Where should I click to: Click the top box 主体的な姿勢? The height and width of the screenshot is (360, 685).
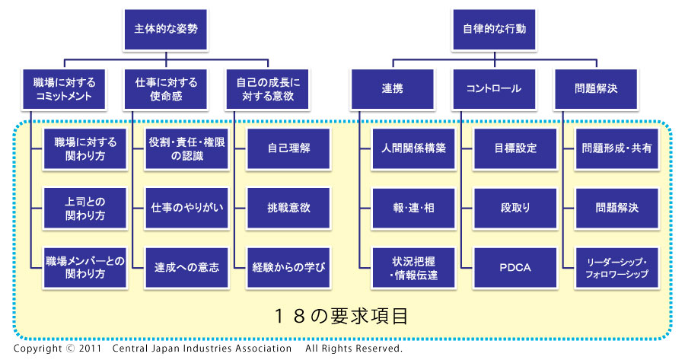click(166, 29)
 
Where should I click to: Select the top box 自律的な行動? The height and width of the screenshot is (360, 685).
click(494, 29)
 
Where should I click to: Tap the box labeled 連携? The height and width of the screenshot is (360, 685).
click(392, 89)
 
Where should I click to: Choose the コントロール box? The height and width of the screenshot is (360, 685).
click(494, 89)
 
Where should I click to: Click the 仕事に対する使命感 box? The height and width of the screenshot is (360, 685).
click(166, 89)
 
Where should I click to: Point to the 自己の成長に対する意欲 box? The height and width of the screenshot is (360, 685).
click(267, 89)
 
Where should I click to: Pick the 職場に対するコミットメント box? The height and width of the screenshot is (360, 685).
click(64, 89)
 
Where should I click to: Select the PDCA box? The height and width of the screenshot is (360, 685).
click(515, 268)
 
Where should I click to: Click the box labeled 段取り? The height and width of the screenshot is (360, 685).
click(515, 208)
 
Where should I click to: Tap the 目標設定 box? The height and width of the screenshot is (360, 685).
click(515, 148)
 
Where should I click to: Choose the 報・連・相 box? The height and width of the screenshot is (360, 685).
click(414, 208)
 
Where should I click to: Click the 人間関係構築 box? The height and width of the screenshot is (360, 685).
click(414, 148)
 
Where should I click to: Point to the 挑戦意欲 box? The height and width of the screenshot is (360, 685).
click(288, 208)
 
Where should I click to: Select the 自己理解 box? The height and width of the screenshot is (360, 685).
click(288, 148)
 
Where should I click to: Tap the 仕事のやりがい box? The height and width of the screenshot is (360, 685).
click(187, 208)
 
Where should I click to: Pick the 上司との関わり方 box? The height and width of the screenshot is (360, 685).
click(85, 208)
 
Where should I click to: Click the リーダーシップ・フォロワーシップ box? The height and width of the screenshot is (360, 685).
click(616, 268)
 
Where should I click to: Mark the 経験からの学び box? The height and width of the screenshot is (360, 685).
click(288, 268)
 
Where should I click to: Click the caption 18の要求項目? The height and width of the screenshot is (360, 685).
click(341, 316)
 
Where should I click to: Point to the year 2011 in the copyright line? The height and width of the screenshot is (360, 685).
click(90, 349)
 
